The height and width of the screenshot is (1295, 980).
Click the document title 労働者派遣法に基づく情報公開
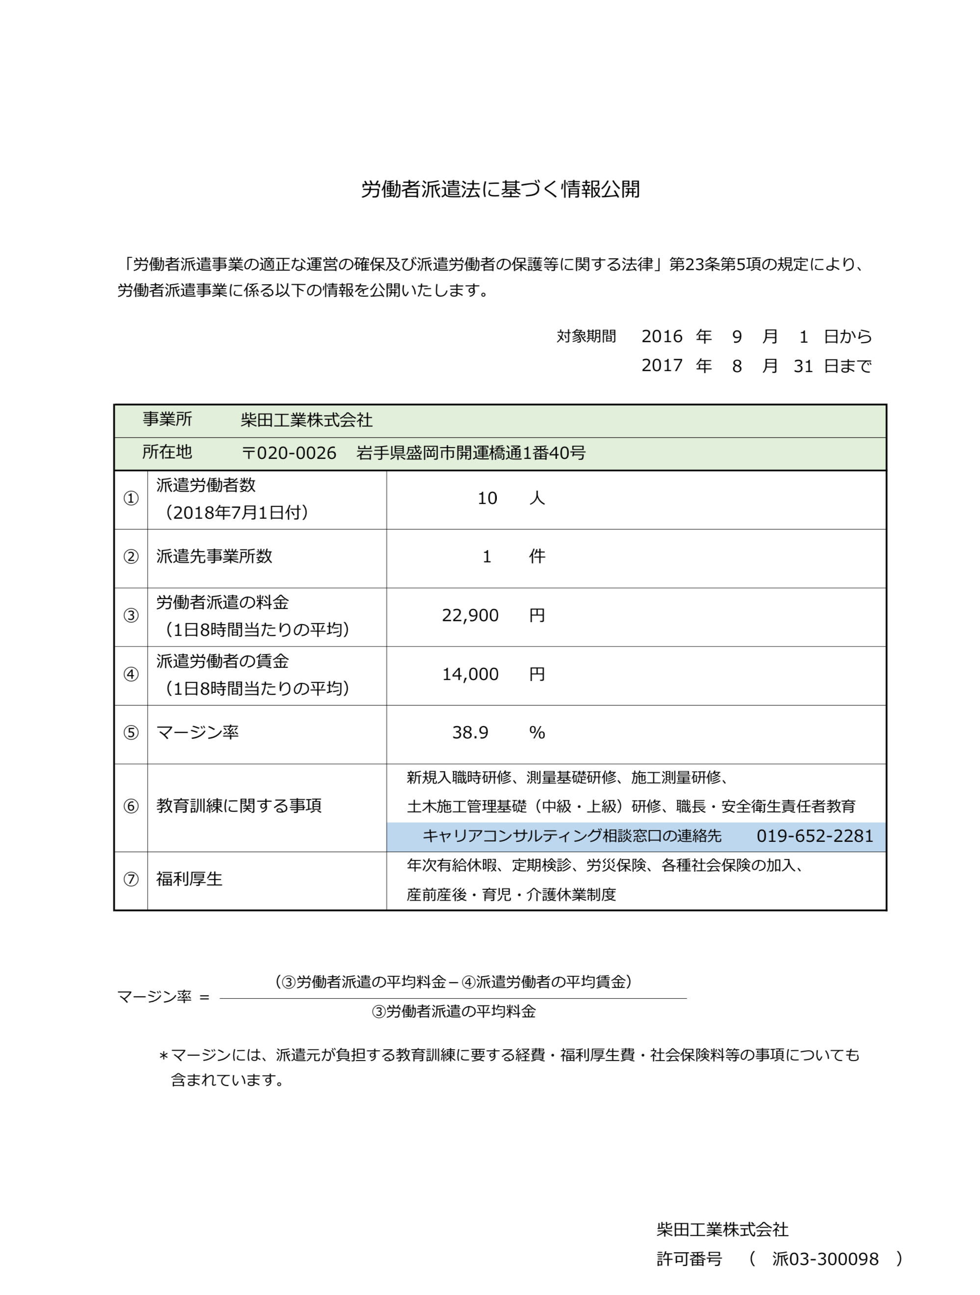(500, 189)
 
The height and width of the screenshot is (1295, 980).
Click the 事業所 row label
(167, 419)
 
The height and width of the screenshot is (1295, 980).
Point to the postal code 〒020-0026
(289, 453)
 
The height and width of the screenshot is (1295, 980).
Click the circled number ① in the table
(130, 498)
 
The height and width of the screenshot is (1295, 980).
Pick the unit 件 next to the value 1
(537, 556)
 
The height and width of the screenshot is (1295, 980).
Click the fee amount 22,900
(470, 615)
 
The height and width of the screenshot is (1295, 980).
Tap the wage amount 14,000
(470, 674)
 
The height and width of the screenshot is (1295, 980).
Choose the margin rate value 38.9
(470, 733)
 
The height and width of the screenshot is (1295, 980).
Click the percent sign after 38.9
(537, 733)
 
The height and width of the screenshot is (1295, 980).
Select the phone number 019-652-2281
(814, 836)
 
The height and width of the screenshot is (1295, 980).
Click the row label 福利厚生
(189, 879)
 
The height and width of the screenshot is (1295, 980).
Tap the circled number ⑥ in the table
(130, 806)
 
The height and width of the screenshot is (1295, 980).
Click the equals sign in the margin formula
(204, 997)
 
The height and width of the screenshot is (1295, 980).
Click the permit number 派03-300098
(825, 1259)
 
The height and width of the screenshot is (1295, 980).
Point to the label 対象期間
(586, 337)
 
